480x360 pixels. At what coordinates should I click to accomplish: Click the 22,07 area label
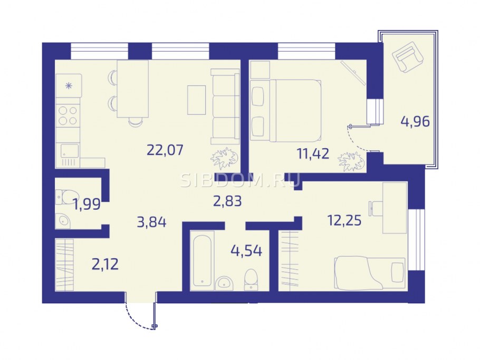165,150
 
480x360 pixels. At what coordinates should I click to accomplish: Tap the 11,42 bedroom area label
313,153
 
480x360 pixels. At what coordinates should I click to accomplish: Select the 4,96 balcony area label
415,121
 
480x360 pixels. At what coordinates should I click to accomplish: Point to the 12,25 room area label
344,220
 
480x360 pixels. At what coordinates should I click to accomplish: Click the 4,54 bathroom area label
246,250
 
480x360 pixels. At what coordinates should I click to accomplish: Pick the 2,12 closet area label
105,264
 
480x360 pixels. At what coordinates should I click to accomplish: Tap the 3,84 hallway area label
152,222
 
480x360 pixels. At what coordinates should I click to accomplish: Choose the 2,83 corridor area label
227,201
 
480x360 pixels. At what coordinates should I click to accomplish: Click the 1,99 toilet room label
87,204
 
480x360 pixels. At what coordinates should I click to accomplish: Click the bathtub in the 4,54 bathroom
201,259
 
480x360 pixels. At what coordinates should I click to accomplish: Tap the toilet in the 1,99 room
67,197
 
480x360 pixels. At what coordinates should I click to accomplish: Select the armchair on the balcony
408,57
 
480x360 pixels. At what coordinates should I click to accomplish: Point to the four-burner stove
68,115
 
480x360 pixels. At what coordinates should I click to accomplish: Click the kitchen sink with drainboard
70,155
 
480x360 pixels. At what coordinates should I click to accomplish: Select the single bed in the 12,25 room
370,273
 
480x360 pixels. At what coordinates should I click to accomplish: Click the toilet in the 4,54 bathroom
251,279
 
